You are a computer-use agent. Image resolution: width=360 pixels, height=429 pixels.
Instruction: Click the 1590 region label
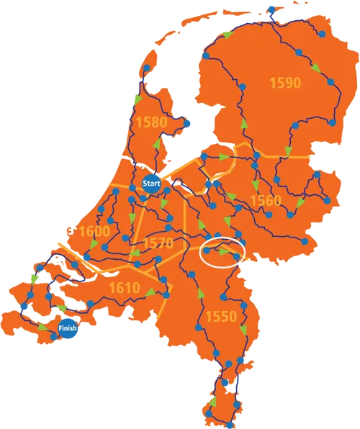point(285,83)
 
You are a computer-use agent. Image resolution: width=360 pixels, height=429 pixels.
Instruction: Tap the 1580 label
point(150,122)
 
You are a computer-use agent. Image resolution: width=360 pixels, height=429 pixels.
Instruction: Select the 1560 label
point(265,200)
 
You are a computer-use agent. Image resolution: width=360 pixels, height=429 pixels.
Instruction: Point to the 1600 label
point(94,232)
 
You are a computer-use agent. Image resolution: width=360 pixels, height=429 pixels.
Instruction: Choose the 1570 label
point(158,243)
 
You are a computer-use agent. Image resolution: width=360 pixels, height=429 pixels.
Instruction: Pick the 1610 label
point(124,289)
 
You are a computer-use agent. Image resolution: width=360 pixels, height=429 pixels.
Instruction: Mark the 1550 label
point(220,316)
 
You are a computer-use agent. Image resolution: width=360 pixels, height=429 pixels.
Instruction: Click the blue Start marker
point(152,184)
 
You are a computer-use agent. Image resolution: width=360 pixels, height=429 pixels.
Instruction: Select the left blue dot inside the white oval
point(208,251)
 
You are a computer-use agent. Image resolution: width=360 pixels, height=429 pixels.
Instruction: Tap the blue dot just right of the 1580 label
point(189,123)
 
